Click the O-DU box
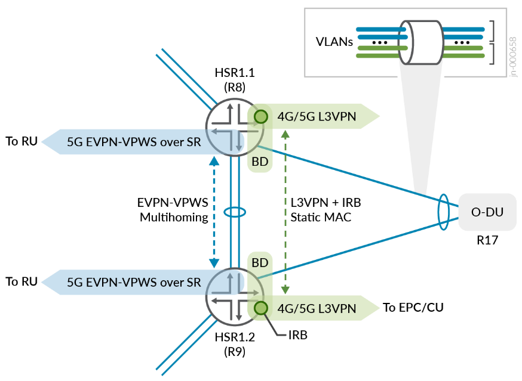(487, 212)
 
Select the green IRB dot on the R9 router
(260, 308)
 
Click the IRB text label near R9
(297, 335)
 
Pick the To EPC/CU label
(413, 308)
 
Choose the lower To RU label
(22, 281)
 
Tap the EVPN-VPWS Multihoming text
(174, 210)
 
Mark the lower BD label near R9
(260, 262)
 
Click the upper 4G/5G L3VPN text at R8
(317, 117)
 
